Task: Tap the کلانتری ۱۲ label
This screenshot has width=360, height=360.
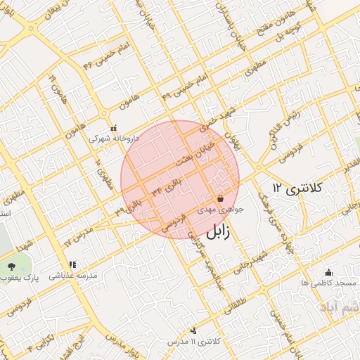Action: [297, 188]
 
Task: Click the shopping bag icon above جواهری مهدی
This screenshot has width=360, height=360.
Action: [220, 199]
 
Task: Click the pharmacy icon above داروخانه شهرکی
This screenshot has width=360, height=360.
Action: [114, 128]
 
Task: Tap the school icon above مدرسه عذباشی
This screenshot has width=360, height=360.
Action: [72, 264]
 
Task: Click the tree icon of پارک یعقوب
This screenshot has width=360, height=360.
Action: [11, 266]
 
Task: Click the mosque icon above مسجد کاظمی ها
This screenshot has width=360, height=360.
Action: [328, 272]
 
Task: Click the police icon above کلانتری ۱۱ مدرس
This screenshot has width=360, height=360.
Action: [193, 330]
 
